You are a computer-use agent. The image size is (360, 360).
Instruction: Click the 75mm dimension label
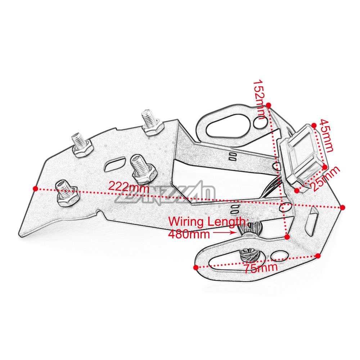click(x=260, y=268)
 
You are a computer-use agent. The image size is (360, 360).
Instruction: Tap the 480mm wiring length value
click(x=189, y=234)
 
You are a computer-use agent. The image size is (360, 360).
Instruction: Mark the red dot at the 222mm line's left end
click(x=35, y=188)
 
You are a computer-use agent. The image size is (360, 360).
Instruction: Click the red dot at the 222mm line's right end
click(x=342, y=207)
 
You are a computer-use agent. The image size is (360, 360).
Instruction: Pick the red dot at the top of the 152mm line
click(x=269, y=105)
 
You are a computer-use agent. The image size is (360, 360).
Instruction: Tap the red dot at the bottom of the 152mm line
click(x=287, y=237)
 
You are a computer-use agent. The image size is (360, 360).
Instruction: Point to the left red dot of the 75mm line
click(x=195, y=267)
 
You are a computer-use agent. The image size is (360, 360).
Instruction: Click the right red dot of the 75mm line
click(x=318, y=256)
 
